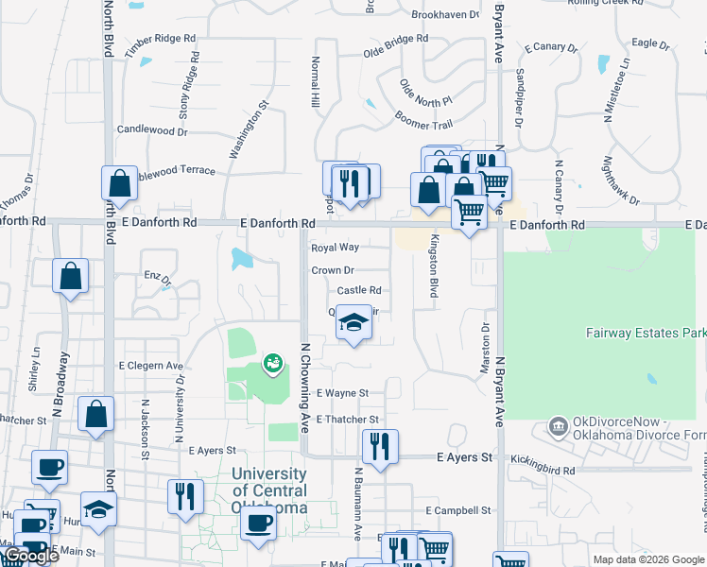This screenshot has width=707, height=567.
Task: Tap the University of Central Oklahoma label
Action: click(x=269, y=490)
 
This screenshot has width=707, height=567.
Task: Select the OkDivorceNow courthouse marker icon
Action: click(x=558, y=428)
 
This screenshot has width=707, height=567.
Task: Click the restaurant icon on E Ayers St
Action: click(x=380, y=446)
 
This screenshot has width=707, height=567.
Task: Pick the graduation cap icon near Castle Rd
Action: click(x=354, y=323)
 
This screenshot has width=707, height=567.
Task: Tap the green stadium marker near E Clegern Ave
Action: click(x=273, y=361)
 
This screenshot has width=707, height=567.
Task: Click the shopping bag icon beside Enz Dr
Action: click(x=71, y=276)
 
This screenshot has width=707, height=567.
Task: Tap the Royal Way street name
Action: click(x=336, y=248)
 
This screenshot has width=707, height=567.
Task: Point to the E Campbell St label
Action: click(x=458, y=510)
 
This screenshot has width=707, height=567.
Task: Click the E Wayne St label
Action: click(x=342, y=393)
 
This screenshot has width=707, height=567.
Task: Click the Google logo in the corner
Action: click(x=30, y=556)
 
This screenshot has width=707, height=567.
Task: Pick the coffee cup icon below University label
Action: click(x=258, y=522)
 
